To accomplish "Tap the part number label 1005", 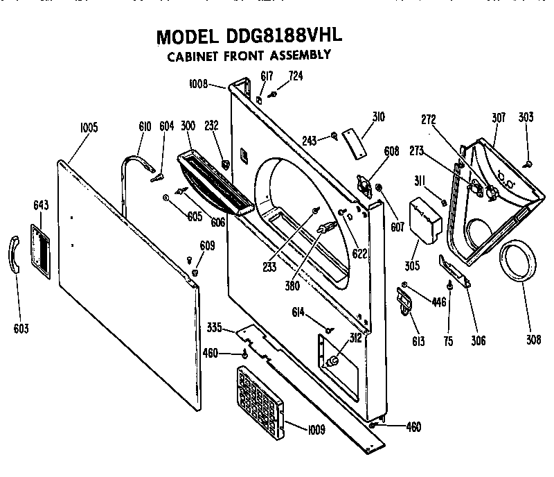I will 89,128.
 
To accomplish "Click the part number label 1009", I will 316,435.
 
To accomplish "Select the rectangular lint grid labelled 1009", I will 259,402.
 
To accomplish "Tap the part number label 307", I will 499,118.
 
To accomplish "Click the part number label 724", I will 296,76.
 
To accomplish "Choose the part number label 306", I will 478,340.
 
